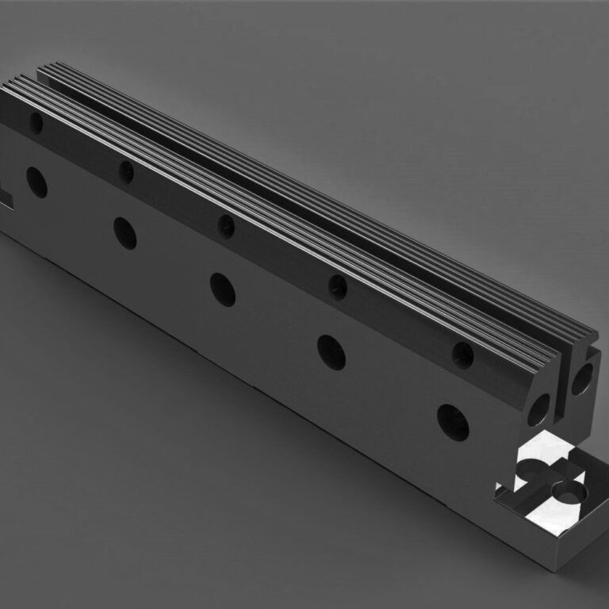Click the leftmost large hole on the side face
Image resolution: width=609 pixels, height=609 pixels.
(36, 182)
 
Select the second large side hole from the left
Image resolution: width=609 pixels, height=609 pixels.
(124, 232)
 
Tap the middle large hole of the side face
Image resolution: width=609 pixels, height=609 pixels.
(223, 289)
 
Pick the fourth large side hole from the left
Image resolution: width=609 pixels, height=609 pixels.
(331, 352)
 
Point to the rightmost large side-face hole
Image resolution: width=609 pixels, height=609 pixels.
(452, 423)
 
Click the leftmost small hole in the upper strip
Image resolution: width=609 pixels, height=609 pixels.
(36, 121)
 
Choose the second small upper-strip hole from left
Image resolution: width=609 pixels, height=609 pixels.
(125, 170)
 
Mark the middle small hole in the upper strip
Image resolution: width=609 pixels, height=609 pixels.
(226, 225)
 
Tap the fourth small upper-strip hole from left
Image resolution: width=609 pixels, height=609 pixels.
(339, 286)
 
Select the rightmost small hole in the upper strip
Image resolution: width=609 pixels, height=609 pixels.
(463, 354)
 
